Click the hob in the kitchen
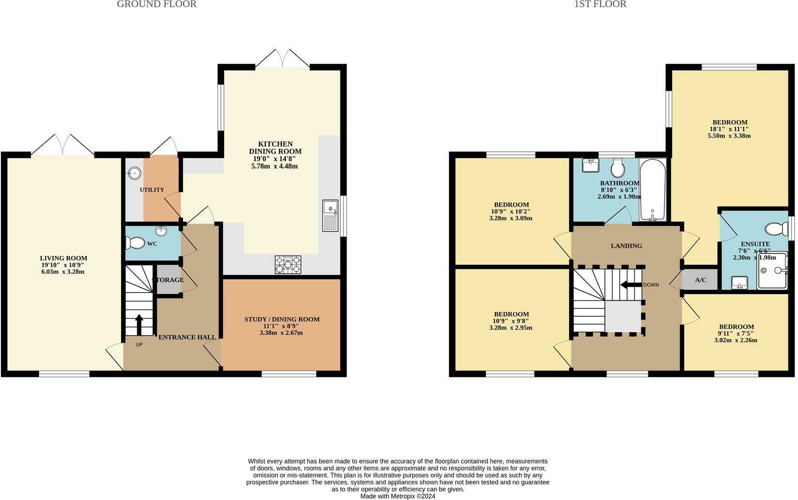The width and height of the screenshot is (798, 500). click(x=288, y=265)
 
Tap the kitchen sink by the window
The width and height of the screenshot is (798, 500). click(x=330, y=216)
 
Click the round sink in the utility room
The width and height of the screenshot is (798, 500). click(x=134, y=172)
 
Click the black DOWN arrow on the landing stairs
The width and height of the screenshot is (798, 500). click(x=630, y=284)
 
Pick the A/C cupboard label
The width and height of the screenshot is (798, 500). click(x=700, y=280)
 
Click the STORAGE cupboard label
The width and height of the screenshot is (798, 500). click(x=168, y=280)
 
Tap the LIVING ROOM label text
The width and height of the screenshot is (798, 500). click(x=63, y=258)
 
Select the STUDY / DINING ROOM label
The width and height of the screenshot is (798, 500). click(x=282, y=319)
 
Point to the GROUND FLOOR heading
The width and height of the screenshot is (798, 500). click(x=157, y=4)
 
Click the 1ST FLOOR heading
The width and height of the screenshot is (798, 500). click(x=600, y=4)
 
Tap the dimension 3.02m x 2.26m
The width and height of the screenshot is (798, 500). click(x=736, y=340)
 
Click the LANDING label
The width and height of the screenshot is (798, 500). click(x=626, y=246)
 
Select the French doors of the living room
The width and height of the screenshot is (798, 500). click(x=63, y=145)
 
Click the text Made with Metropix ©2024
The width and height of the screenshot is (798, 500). click(x=398, y=496)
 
